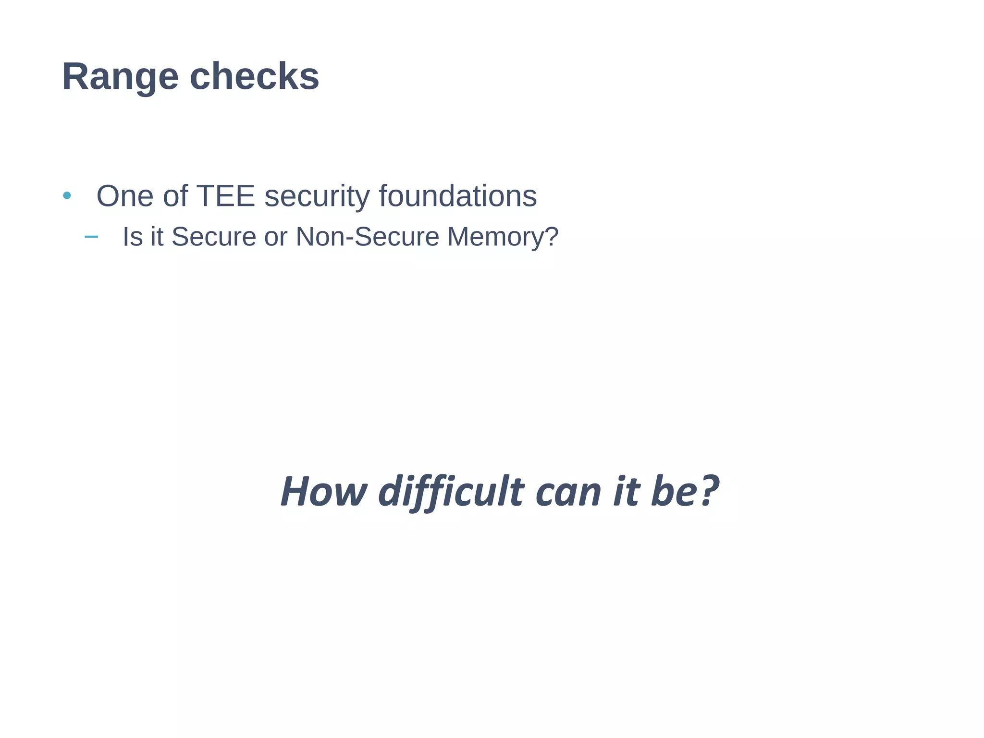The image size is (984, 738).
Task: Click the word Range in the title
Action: tap(120, 77)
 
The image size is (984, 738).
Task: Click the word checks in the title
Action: tap(254, 77)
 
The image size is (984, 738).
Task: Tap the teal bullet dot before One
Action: tap(67, 195)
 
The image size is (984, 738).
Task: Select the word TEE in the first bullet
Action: tap(225, 196)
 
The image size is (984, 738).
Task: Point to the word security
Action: tap(317, 197)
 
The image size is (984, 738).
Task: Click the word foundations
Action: tap(457, 196)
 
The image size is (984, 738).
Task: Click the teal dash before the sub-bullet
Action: tap(91, 236)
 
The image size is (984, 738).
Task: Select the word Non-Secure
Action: tap(367, 237)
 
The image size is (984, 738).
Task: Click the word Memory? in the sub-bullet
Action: tap(503, 237)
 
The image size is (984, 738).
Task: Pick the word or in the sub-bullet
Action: tap(275, 237)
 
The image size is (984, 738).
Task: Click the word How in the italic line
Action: tap(324, 492)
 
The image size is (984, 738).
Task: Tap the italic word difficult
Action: tap(451, 492)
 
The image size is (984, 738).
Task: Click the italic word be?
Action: tap(684, 492)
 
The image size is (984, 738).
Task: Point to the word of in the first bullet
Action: tap(175, 196)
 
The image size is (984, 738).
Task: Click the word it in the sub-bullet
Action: tap(157, 237)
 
